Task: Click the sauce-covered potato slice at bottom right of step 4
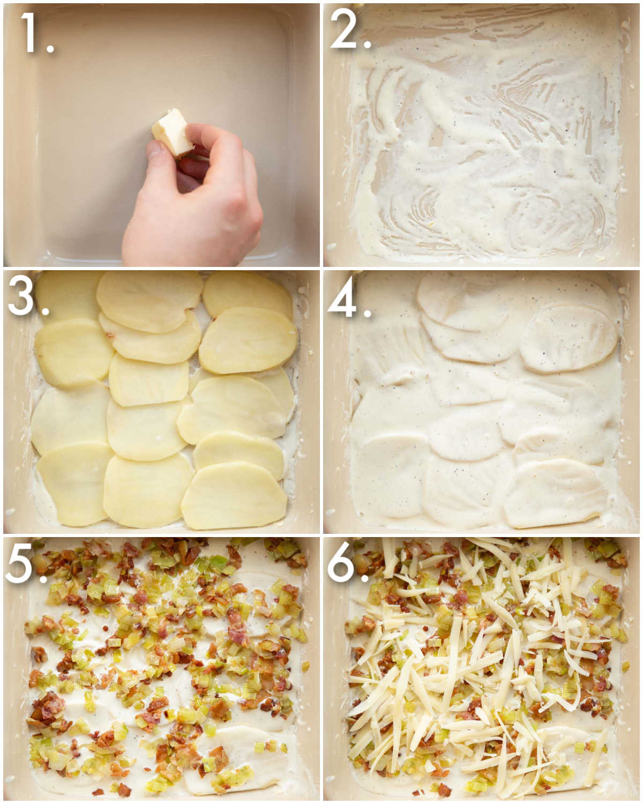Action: click(x=555, y=493)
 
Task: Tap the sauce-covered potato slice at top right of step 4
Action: click(x=568, y=338)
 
